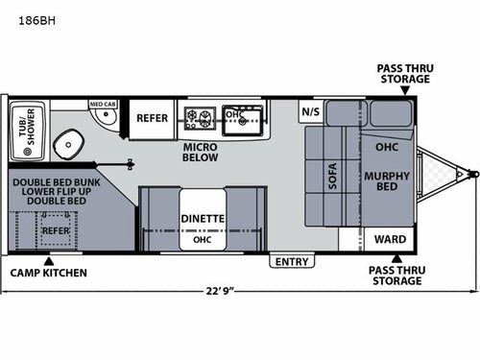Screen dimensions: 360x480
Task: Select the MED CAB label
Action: [103, 104]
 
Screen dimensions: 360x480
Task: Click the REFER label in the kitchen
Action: [152, 119]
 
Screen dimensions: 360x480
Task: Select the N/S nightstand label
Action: [311, 111]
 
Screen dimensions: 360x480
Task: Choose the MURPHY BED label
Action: [387, 181]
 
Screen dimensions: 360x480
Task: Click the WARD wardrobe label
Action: [388, 239]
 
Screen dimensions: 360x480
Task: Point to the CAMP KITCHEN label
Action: [49, 274]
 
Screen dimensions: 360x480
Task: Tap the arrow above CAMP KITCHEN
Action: [48, 259]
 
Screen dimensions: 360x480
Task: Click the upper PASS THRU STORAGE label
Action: [403, 74]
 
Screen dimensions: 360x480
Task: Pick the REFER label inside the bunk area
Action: [55, 230]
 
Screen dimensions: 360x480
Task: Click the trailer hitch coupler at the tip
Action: [472, 175]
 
